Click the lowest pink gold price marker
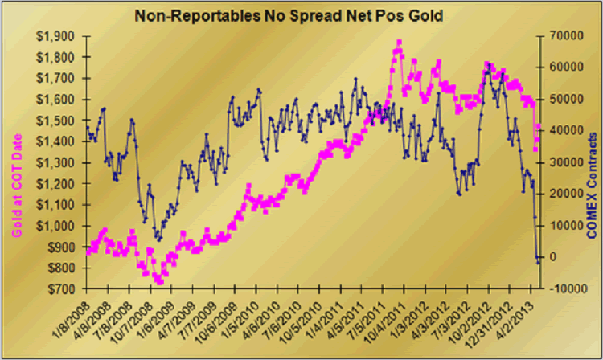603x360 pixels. [159, 282]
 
